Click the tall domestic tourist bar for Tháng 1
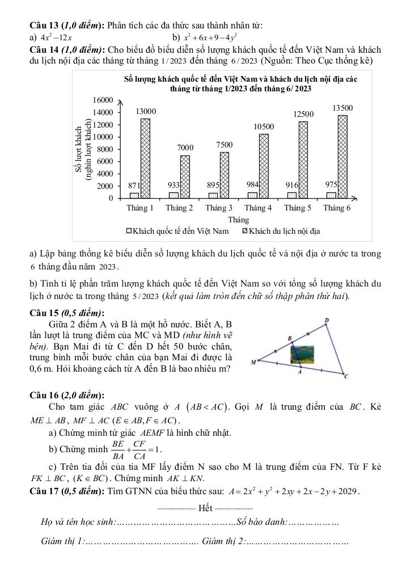pos(145,158)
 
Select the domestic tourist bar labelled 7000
pos(185,176)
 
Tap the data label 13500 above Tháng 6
pos(342,107)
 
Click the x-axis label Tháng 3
pos(219,208)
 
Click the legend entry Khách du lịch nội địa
pos(281,231)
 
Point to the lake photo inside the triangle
pos(300,355)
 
